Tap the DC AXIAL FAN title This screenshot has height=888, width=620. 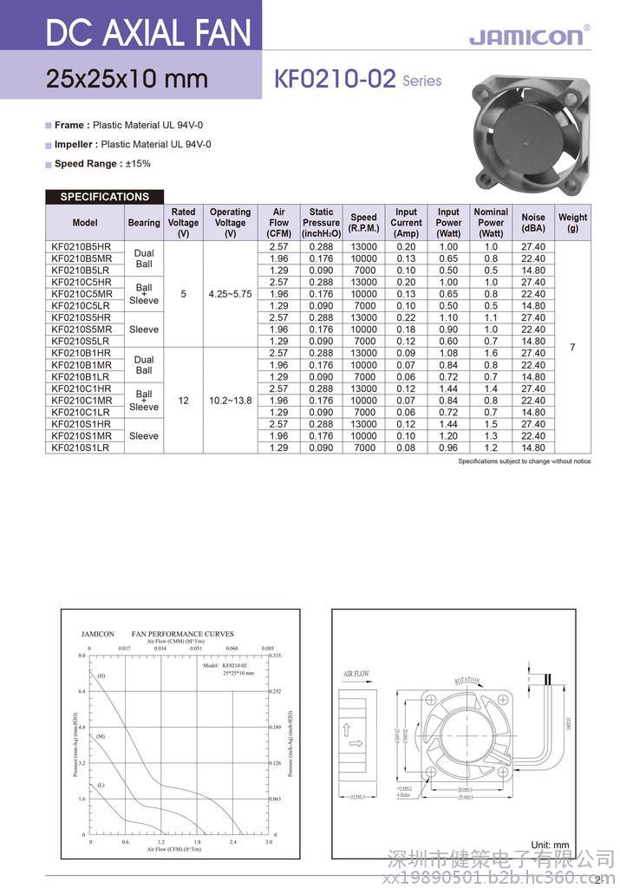[148, 34]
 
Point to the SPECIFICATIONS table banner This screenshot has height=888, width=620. [104, 197]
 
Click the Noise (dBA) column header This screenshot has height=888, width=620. [533, 223]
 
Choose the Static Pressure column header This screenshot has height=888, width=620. [321, 223]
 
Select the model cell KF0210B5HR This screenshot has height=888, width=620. [82, 247]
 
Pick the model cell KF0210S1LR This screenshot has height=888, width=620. [81, 447]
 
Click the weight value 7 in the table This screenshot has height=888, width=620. [572, 348]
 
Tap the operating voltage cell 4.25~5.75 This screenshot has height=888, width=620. [230, 294]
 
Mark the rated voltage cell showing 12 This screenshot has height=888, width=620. [183, 401]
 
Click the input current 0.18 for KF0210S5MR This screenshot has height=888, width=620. [406, 330]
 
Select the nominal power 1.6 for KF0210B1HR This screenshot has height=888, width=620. [491, 353]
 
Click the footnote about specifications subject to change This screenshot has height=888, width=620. [524, 461]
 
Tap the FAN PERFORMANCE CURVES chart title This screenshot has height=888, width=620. [182, 634]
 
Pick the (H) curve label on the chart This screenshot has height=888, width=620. [101, 676]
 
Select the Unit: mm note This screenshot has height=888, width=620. [550, 845]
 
